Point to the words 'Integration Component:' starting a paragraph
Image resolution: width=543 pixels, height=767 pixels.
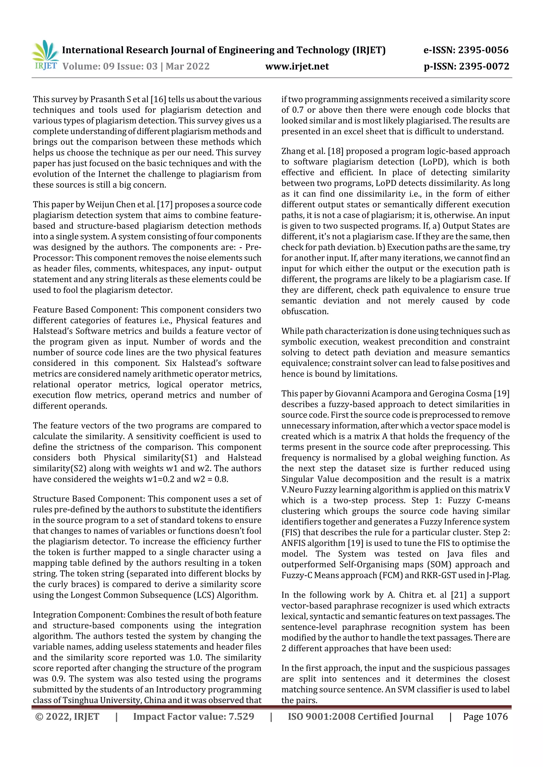pos(79,615)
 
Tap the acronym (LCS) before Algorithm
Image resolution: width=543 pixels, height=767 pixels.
pos(204,595)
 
